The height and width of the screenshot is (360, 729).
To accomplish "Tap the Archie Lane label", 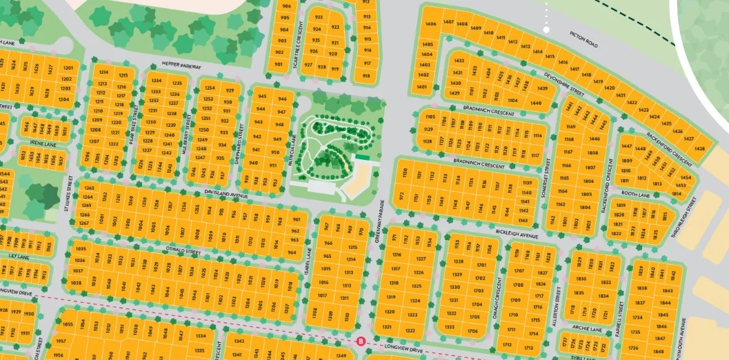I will (x=587, y=330).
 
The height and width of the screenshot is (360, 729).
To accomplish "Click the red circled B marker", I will (x=359, y=341).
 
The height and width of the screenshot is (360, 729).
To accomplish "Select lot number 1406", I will (x=432, y=25).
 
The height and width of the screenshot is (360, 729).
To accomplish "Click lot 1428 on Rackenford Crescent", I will (x=700, y=148).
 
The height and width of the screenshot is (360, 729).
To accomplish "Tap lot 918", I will (x=366, y=76).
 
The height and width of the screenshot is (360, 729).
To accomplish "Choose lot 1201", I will (x=68, y=68).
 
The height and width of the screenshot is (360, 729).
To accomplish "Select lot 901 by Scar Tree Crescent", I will (x=279, y=65).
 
